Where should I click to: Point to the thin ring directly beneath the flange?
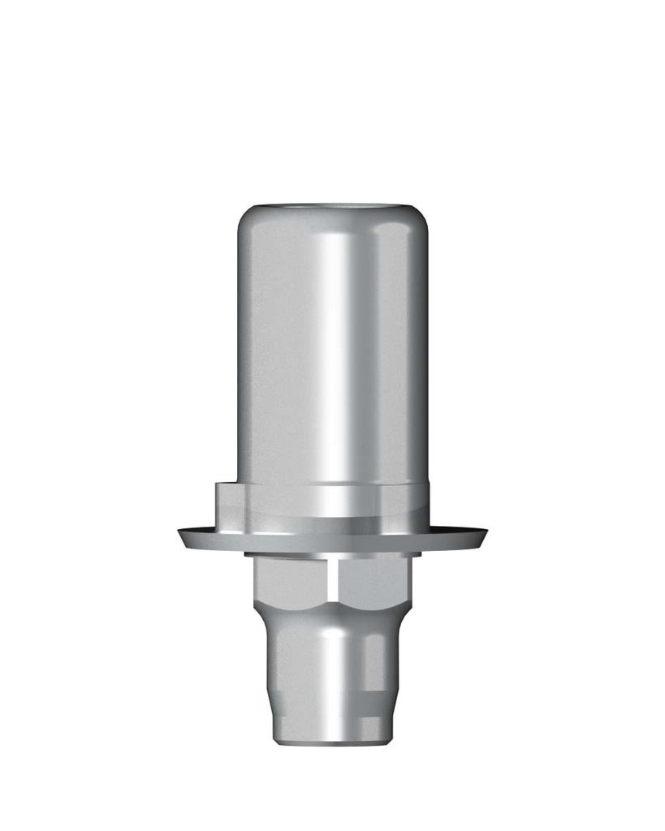pyautogui.click(x=333, y=555)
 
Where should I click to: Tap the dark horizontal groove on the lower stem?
pyautogui.click(x=370, y=695)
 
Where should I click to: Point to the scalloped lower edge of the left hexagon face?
pyautogui.click(x=296, y=605)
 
